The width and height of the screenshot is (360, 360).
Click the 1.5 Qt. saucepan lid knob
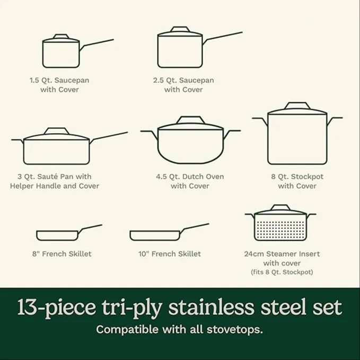pos(61,37)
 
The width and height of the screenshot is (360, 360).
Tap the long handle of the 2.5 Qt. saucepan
pos(223,37)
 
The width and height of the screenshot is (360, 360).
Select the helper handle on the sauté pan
pos(17,141)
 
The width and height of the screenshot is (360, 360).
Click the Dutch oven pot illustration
pos(190,140)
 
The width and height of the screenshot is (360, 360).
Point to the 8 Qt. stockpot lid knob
pos(297,106)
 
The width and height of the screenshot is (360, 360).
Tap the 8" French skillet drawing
pos(69,233)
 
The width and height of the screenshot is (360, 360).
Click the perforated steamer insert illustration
pos(280,223)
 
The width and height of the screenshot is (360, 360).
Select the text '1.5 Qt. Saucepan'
pos(59,80)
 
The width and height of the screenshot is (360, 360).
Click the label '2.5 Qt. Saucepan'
pos(183,80)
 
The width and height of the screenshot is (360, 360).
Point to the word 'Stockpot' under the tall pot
pos(307,177)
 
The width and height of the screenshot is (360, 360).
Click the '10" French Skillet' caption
pos(170,254)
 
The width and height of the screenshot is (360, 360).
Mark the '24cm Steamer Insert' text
pos(282,254)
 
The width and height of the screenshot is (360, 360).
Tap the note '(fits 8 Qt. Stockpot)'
pos(282,272)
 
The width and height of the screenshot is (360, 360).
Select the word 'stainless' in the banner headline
pos(211,307)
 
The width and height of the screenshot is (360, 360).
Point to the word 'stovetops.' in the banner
pos(235,329)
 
